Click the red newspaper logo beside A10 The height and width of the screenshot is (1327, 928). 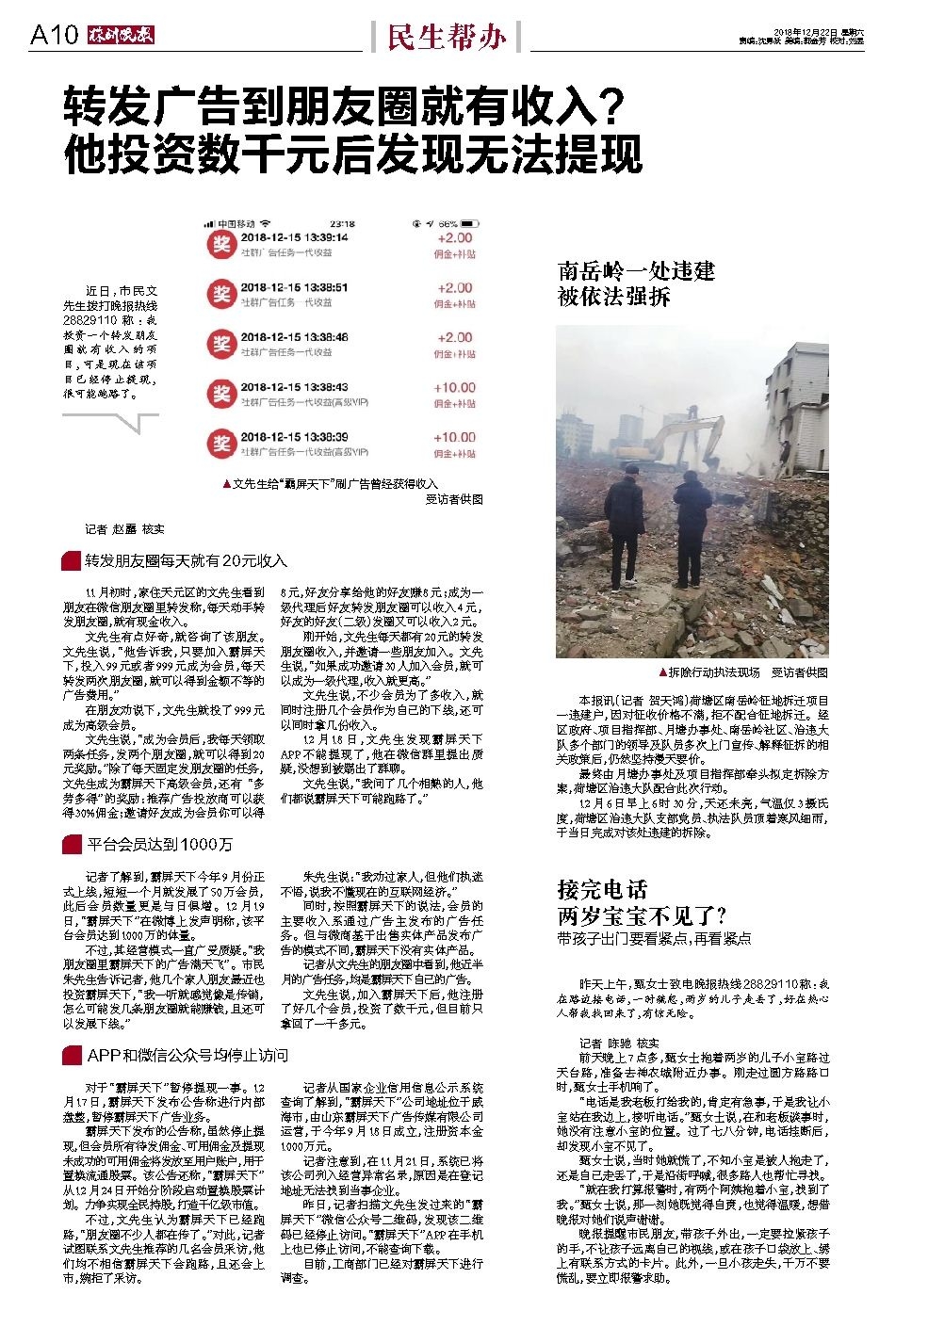pos(121,37)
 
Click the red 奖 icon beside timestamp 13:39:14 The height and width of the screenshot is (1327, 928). pos(220,244)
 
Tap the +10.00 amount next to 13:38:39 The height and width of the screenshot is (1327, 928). pos(454,437)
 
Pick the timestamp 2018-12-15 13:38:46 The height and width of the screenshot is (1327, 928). pos(294,337)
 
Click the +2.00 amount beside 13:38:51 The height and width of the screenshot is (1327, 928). pos(454,287)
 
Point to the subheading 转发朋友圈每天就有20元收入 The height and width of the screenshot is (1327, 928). pos(186,560)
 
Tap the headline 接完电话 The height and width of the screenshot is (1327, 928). pos(602,889)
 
